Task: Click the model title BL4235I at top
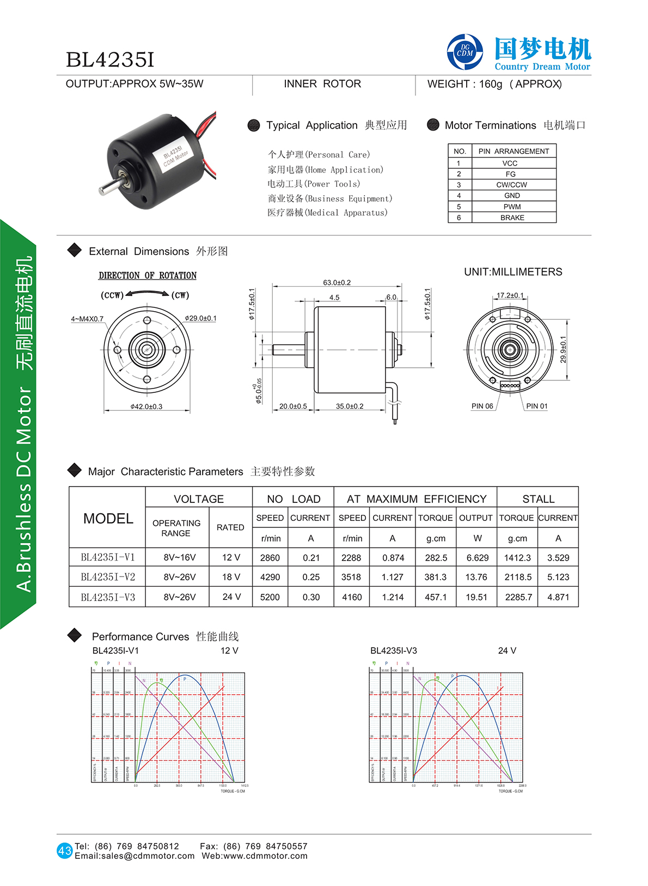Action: click(110, 60)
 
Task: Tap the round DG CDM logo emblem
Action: click(464, 52)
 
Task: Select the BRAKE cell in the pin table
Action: click(512, 217)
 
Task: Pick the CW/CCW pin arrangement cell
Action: click(511, 185)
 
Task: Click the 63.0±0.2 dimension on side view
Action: click(337, 282)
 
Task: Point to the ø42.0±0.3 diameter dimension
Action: click(146, 406)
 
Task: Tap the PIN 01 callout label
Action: click(536, 406)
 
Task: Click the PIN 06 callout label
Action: click(482, 406)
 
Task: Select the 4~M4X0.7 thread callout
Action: click(87, 319)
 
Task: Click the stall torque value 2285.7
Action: click(518, 597)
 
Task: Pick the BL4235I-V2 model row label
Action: click(108, 577)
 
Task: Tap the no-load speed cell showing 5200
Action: click(270, 597)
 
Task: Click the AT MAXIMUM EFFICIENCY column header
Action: click(416, 499)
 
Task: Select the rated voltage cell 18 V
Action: click(231, 577)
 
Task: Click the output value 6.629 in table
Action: click(477, 558)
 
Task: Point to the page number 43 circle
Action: click(64, 851)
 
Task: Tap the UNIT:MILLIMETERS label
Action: click(513, 272)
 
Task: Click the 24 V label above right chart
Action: click(507, 651)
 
